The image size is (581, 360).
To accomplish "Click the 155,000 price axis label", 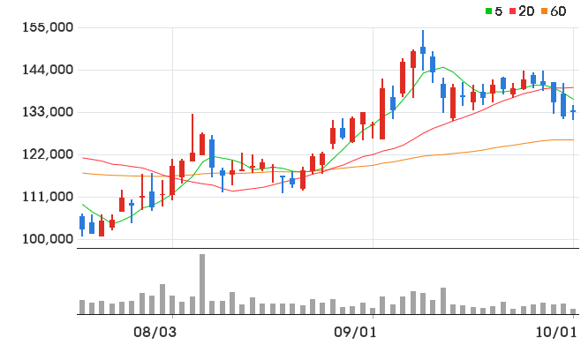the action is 48,27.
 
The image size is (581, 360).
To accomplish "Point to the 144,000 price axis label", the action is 48,70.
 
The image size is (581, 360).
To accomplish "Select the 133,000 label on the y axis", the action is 48,112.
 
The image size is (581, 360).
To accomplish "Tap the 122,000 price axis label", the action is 48,154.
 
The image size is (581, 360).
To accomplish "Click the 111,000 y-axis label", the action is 48,197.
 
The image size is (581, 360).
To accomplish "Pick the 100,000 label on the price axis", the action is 48,239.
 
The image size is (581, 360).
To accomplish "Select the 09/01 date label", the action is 355,332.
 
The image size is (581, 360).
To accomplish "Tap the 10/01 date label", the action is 555,332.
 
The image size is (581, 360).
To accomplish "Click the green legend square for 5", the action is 489,11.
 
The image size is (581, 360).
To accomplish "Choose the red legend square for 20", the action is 512,11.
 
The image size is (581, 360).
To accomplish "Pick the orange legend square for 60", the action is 544,11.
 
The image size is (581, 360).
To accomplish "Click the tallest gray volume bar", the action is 202,284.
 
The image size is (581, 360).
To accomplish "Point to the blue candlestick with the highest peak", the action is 423,50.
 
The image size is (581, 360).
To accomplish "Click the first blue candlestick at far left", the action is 82,225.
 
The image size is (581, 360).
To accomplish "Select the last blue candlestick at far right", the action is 573,112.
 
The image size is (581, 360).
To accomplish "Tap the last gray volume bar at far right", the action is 573,311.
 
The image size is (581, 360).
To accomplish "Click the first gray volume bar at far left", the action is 82,307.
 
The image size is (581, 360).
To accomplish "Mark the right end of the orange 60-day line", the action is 574,139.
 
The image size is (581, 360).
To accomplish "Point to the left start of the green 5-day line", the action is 83,204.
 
